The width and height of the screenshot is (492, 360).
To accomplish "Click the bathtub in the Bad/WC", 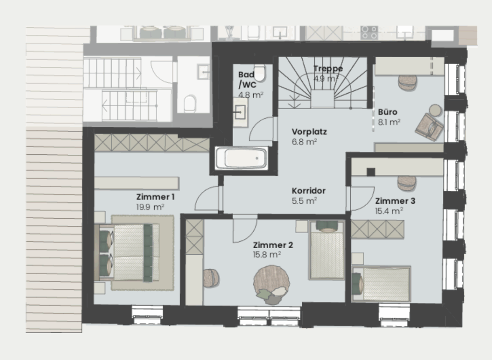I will pyautogui.click(x=241, y=158).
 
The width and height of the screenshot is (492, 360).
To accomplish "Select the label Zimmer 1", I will pyautogui.click(x=155, y=197).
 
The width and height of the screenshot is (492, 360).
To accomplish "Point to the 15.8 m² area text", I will pyautogui.click(x=267, y=255).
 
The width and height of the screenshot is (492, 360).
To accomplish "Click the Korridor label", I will pyautogui.click(x=308, y=191).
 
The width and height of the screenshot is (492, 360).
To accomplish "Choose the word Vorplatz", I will pyautogui.click(x=309, y=132).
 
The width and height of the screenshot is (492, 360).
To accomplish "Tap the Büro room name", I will pyautogui.click(x=387, y=112).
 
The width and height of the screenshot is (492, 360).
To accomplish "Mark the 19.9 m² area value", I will pyautogui.click(x=150, y=207).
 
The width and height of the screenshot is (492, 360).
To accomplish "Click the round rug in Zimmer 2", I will pyautogui.click(x=272, y=284).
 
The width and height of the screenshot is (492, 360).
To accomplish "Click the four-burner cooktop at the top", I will pyautogui.click(x=369, y=32).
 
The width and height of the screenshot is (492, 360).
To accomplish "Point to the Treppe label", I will pyautogui.click(x=328, y=69).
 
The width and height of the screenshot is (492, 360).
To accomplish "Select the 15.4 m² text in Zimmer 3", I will pyautogui.click(x=389, y=211).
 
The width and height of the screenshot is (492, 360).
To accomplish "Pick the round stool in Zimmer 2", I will pyautogui.click(x=210, y=278).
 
